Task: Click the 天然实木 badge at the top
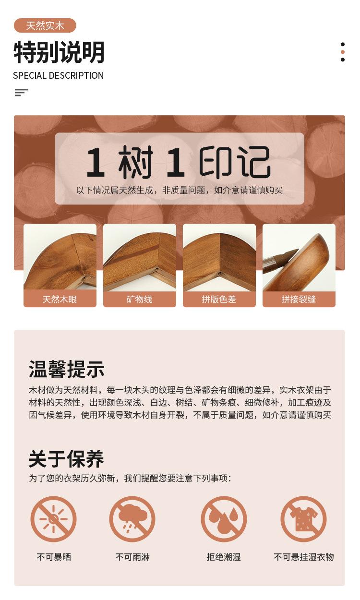45,25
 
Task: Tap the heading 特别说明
59,52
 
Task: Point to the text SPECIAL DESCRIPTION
58,75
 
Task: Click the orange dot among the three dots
343,52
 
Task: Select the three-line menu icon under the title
22,93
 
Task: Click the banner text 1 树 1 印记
179,163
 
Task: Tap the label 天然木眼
60,299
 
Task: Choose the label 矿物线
140,299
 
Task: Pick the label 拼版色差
219,299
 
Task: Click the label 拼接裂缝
299,299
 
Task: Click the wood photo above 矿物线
140,257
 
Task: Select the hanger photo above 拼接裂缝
299,257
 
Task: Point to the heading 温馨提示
66,369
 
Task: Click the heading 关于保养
66,459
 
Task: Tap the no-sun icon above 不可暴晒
53,519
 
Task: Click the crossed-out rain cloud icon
132,519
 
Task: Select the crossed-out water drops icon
224,519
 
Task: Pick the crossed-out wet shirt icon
303,519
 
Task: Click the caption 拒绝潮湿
224,557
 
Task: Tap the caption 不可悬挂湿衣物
303,557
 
